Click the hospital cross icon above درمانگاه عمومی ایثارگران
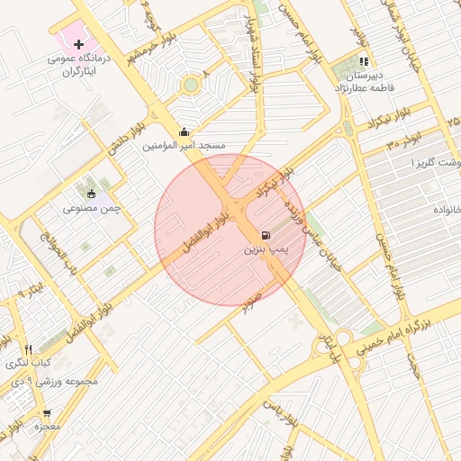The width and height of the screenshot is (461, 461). pos(79,43)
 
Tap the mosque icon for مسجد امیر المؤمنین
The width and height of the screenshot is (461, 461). pos(185,131)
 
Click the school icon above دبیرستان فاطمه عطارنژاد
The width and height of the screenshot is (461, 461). pos(364,61)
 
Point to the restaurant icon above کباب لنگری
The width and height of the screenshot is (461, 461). pos(29,349)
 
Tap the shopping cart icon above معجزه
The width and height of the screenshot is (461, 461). pos(47,413)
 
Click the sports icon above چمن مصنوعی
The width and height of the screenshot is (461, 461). pos(91,193)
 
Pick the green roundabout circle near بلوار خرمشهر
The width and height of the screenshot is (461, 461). pos(190,86)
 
